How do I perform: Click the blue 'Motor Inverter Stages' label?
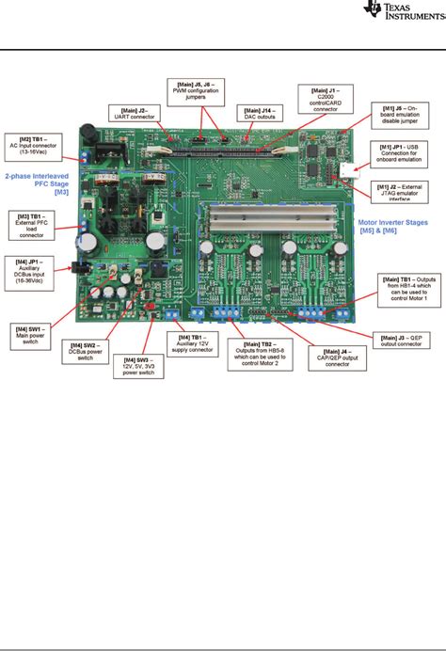(395, 229)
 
